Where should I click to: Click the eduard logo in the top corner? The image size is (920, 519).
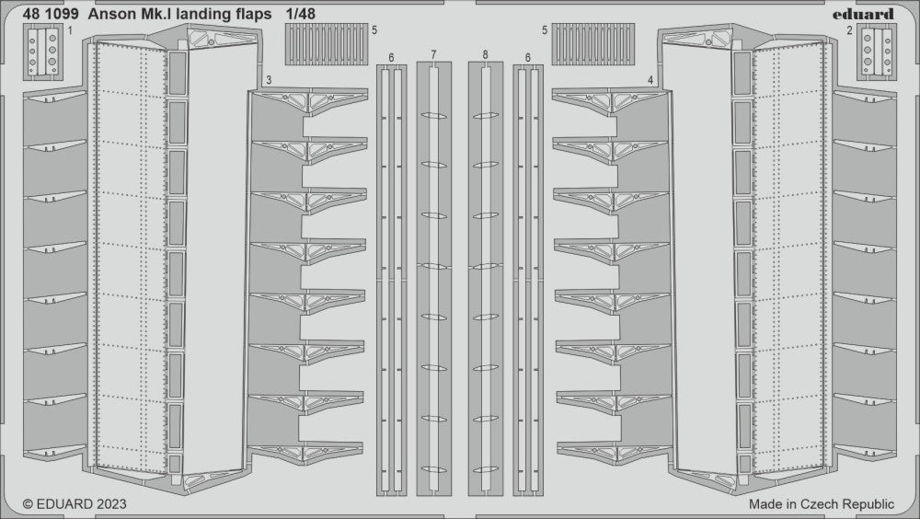tap(868, 14)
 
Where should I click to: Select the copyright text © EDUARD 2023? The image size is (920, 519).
tap(74, 504)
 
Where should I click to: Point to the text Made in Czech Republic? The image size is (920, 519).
tap(822, 504)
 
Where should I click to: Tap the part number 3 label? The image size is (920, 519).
tap(267, 80)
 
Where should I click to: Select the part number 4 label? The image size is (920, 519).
tap(650, 80)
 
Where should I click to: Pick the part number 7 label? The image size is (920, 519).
tap(433, 56)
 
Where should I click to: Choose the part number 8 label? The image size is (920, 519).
tap(485, 56)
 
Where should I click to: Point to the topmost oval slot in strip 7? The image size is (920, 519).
tap(433, 117)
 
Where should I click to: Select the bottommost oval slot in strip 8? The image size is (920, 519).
tap(485, 464)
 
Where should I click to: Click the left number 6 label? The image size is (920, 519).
tap(392, 57)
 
